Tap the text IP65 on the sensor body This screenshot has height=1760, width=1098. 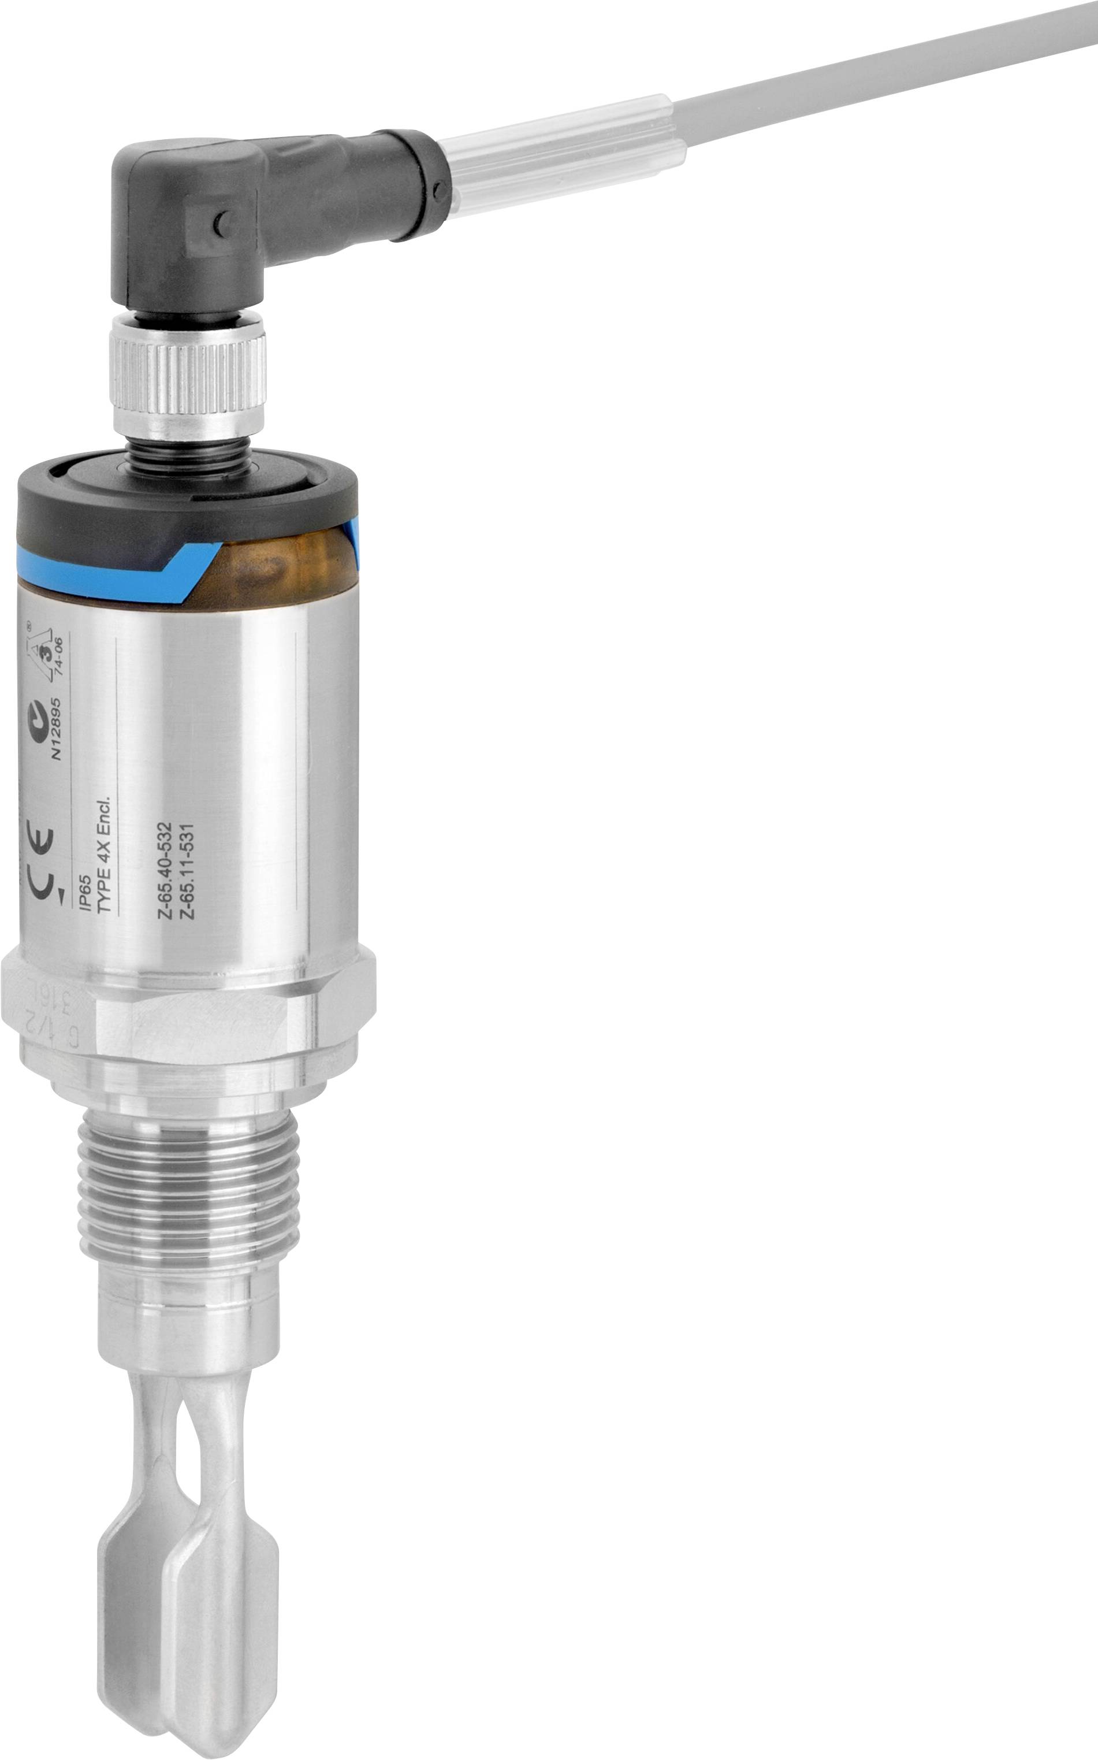pos(85,895)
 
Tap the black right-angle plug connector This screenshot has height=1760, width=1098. pos(218,211)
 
